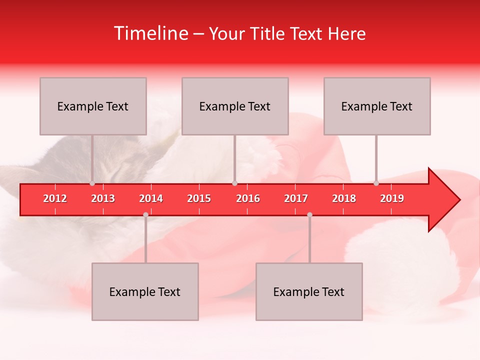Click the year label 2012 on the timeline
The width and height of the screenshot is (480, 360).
point(55,198)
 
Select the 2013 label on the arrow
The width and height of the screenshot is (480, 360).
point(103,198)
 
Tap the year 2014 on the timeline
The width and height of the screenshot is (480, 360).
point(151,198)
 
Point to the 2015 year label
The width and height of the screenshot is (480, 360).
point(199,198)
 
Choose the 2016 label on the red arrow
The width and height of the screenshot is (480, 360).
point(248,198)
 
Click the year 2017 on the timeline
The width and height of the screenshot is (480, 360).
point(296,198)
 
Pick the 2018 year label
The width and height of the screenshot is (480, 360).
point(344,198)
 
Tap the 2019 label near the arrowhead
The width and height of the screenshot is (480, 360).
point(392,198)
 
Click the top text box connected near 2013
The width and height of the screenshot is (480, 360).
point(93,106)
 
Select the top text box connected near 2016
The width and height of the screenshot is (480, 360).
point(235,106)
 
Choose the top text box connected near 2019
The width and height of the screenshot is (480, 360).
point(377,106)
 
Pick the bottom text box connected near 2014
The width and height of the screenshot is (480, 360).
point(145,291)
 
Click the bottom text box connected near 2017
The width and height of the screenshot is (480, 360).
point(309,291)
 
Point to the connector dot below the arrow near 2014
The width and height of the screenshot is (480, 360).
point(145,214)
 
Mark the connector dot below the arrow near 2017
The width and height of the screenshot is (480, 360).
point(309,214)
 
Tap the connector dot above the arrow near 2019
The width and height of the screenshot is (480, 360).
point(376,183)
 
